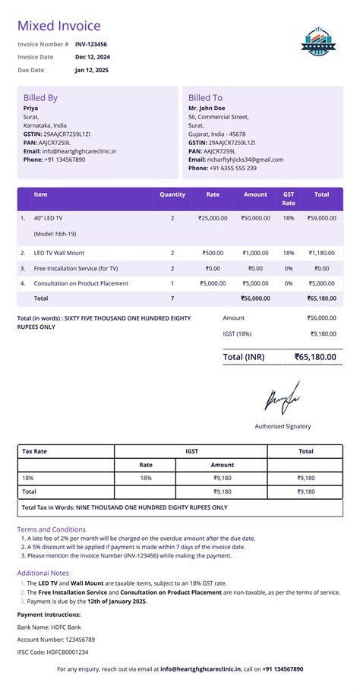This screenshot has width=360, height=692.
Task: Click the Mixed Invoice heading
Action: [x=58, y=27]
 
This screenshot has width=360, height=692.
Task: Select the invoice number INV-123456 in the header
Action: [x=91, y=44]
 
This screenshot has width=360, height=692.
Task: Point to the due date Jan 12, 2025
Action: [x=92, y=70]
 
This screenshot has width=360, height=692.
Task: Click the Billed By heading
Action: [x=40, y=98]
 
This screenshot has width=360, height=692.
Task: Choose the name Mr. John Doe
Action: [x=210, y=109]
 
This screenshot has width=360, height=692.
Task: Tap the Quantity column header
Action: [x=172, y=194]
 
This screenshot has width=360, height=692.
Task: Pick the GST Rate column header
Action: [x=289, y=199]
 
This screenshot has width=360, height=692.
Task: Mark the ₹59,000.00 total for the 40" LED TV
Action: [x=322, y=218]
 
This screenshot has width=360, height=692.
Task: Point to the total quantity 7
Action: [x=172, y=299]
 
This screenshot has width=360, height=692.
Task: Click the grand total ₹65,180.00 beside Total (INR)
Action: [x=315, y=356]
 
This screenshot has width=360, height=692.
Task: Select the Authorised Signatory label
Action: [x=283, y=426]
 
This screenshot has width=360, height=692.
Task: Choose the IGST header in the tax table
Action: [x=191, y=451]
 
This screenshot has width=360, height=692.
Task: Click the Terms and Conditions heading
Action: [x=52, y=529]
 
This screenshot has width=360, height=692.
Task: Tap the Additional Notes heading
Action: [x=43, y=573]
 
